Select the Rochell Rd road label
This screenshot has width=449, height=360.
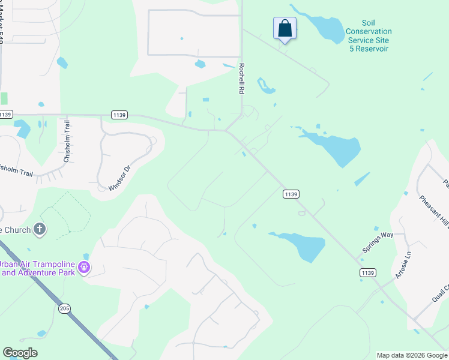(242, 79)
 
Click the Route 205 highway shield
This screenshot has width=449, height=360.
(65, 308)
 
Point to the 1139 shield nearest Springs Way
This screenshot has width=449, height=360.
(368, 273)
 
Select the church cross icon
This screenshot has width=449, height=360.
(40, 229)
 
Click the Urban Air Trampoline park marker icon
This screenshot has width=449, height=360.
(85, 266)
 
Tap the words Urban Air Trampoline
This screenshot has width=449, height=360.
(37, 264)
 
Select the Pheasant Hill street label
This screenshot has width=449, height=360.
(433, 211)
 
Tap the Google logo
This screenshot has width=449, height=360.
(20, 353)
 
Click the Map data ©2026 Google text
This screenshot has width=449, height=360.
(412, 355)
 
